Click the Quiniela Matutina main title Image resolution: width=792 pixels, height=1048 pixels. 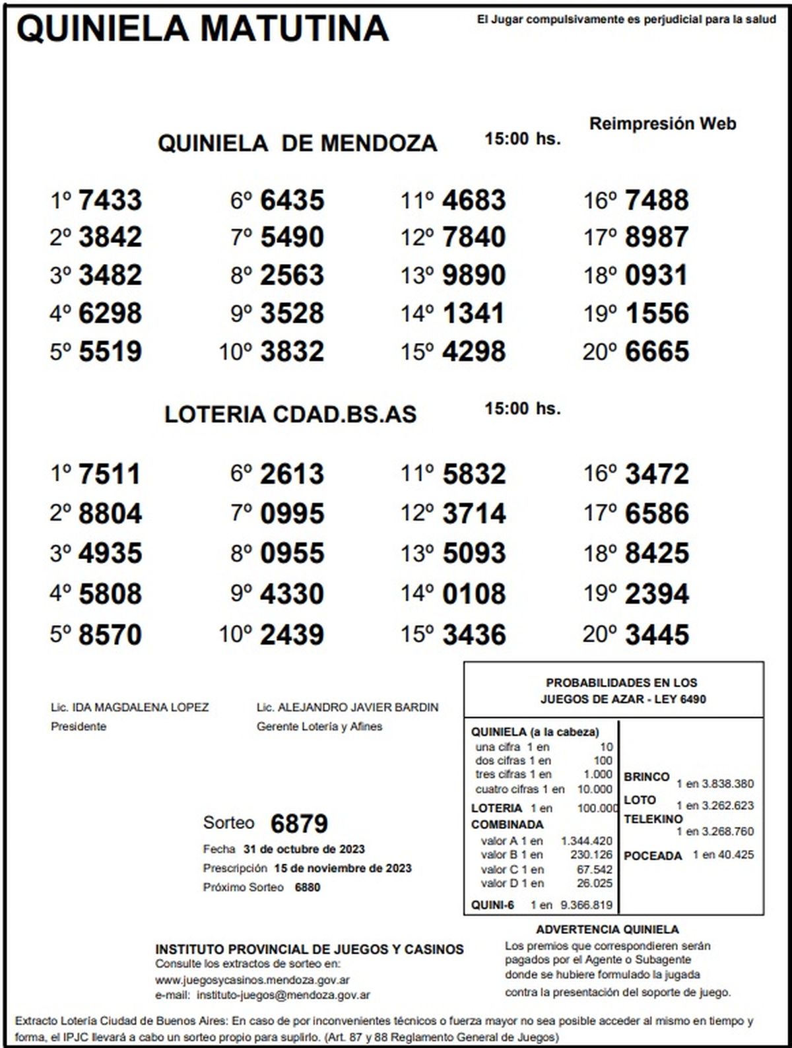pos(202,28)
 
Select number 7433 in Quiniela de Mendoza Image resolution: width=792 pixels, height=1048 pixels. pos(110,200)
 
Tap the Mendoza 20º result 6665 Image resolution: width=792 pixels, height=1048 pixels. pos(657,352)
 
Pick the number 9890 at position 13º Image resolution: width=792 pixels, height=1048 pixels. pos(474,275)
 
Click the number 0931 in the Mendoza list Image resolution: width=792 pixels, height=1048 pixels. pos(657,275)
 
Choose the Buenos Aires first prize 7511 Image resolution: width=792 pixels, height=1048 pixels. pos(110,475)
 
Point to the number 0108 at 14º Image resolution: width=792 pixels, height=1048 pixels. pos(474,593)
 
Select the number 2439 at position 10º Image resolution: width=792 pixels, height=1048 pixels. pos(292,634)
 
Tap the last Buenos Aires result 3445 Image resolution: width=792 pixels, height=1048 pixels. pos(657,634)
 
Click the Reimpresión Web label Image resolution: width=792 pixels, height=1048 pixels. pos(662,123)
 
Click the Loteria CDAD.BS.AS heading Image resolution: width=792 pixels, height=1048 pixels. pos(290,414)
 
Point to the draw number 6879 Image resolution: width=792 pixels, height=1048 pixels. pos(299,824)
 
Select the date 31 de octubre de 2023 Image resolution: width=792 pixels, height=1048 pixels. pos(304,849)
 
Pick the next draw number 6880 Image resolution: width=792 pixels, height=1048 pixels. pos(307,887)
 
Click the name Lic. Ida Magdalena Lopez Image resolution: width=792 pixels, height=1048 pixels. pos(129,707)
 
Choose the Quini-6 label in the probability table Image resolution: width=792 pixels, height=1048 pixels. pos(492,905)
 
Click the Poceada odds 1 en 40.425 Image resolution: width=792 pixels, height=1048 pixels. pos(723,855)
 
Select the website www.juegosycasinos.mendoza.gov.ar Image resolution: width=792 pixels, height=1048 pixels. pos(252,980)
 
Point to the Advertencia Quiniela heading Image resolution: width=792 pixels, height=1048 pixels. pos(607,929)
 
